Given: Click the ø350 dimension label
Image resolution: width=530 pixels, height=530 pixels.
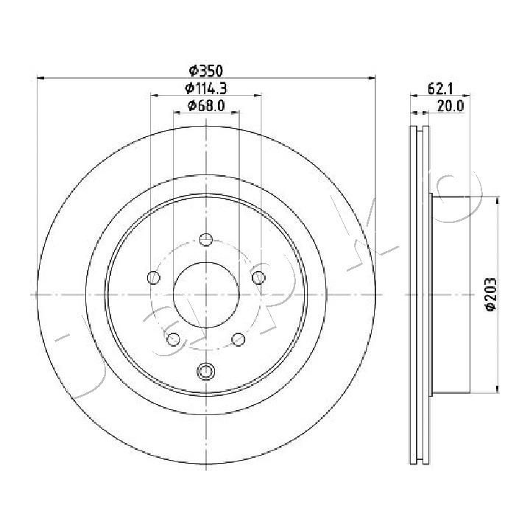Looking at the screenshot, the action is pyautogui.click(x=206, y=71).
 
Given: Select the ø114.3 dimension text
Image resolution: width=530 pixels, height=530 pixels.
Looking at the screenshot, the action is pyautogui.click(x=206, y=88).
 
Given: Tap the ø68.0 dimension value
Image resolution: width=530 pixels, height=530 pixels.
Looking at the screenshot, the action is pyautogui.click(x=206, y=106).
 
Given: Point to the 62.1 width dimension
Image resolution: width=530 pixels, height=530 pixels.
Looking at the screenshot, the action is pyautogui.click(x=440, y=89).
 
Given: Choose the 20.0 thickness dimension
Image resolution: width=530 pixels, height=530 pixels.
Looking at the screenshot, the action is pyautogui.click(x=451, y=107).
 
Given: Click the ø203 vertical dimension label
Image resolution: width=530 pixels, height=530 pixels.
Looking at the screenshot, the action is pyautogui.click(x=490, y=294).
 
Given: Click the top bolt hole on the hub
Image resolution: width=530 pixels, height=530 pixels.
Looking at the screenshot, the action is pyautogui.click(x=206, y=240).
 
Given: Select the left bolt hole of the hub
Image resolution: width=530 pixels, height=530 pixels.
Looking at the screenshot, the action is pyautogui.click(x=154, y=278).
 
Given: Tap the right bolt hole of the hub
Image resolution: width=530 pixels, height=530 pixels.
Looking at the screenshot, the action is pyautogui.click(x=258, y=278).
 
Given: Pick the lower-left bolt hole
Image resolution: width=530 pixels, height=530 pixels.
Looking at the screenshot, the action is pyautogui.click(x=174, y=339).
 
